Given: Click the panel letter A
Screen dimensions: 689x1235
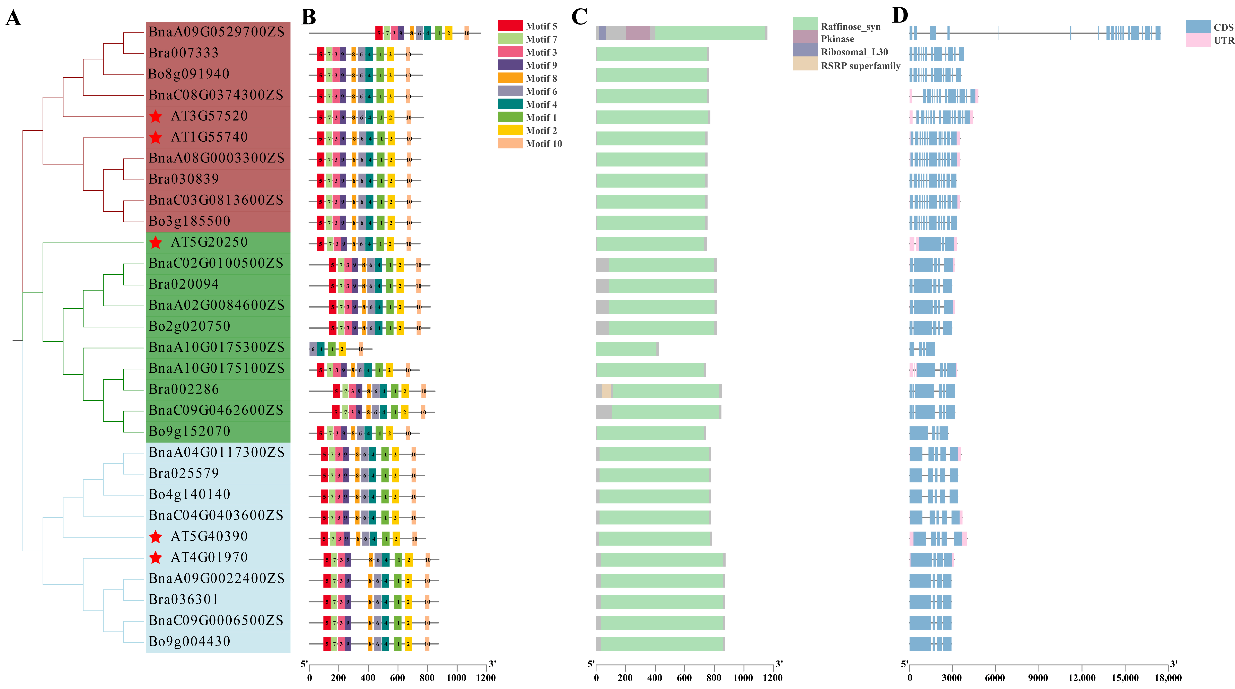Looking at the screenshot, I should (x=13, y=18).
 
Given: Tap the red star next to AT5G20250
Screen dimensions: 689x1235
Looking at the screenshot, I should (x=155, y=243).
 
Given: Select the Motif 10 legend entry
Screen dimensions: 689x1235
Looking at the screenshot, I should (x=544, y=143).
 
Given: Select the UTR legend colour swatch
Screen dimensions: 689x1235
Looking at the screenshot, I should (x=1198, y=40).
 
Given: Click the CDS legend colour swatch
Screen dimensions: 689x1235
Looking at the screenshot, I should (x=1198, y=27).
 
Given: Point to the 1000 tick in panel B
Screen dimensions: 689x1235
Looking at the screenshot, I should (x=456, y=678).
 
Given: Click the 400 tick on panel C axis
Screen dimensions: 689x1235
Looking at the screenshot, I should (x=655, y=678).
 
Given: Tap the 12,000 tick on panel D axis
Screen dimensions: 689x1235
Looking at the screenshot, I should (x=1082, y=678).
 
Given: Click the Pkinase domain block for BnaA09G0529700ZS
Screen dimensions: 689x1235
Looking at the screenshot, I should (x=638, y=33).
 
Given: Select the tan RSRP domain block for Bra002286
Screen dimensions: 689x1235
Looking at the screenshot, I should (x=606, y=391).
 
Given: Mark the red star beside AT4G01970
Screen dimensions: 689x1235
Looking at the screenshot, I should (x=155, y=558).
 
